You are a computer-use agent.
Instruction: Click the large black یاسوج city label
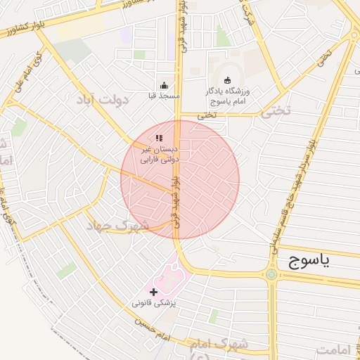tap(319, 262)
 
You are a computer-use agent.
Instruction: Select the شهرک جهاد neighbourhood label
tap(118, 226)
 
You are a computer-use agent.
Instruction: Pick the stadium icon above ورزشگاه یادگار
tap(226, 79)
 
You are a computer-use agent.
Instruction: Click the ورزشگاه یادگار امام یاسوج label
tap(226, 96)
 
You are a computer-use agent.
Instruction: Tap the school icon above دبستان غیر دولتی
tap(160, 138)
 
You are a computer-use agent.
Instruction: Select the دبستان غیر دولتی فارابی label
tap(161, 155)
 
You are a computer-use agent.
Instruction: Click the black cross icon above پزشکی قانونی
tap(154, 291)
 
